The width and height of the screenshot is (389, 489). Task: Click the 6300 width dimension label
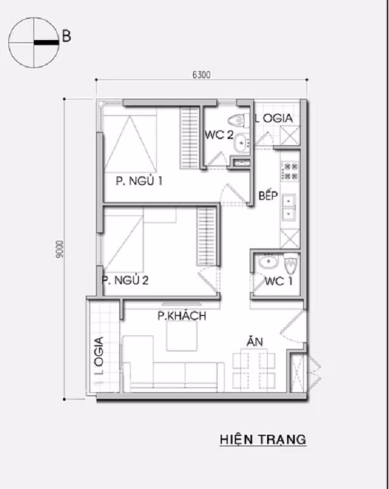pyautogui.click(x=202, y=75)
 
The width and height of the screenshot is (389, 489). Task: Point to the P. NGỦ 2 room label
pyautogui.click(x=125, y=280)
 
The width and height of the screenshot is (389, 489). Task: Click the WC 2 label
pyautogui.click(x=218, y=135)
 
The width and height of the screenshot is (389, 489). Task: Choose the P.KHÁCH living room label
pyautogui.click(x=182, y=316)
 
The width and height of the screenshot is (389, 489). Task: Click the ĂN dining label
pyautogui.click(x=253, y=340)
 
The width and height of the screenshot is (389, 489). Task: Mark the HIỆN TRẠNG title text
pyautogui.click(x=263, y=439)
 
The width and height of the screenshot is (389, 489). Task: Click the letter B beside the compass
pyautogui.click(x=65, y=36)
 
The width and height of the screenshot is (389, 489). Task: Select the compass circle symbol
pyautogui.click(x=32, y=43)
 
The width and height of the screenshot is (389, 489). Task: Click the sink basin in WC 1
pyautogui.click(x=266, y=263)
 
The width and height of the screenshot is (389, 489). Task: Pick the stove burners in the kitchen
pyautogui.click(x=290, y=171)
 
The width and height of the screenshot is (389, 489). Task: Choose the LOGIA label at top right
pyautogui.click(x=274, y=119)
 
